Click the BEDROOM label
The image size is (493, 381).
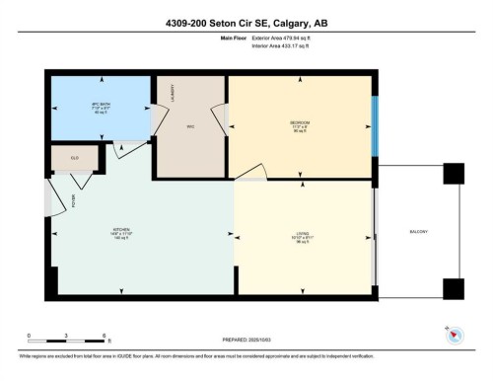click(x=300, y=122)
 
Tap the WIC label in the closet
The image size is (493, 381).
click(x=191, y=126)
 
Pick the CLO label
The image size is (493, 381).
click(x=74, y=158)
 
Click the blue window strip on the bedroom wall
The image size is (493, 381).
click(x=374, y=126)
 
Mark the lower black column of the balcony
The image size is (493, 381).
click(x=453, y=288)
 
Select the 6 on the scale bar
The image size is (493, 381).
click(x=104, y=336)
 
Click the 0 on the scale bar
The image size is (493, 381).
click(x=29, y=336)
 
